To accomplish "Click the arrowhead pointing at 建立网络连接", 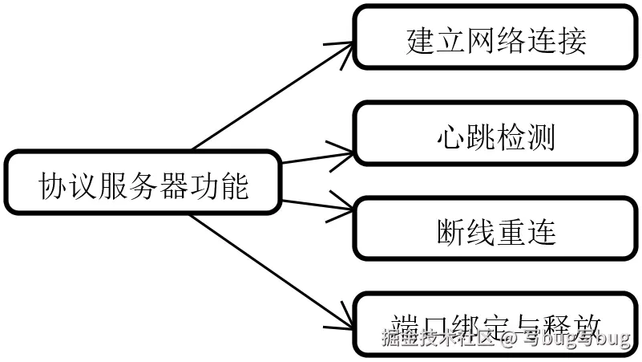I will pyautogui.click(x=347, y=46).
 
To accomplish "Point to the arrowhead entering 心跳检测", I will pyautogui.click(x=346, y=147).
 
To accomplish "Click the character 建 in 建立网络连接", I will pyautogui.click(x=420, y=41).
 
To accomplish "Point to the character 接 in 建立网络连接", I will pyautogui.click(x=572, y=41).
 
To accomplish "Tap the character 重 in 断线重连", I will pyautogui.click(x=512, y=232).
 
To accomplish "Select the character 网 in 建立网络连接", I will pyautogui.click(x=481, y=41).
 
